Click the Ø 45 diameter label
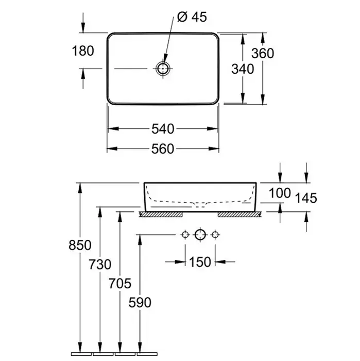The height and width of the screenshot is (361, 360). coord(192,17)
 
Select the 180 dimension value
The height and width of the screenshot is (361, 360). coord(83,51)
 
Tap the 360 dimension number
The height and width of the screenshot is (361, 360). coord(263,53)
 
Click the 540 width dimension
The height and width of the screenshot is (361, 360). coord(163,128)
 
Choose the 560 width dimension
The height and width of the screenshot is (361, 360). coord(163,149)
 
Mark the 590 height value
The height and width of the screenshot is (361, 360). coord(140,302)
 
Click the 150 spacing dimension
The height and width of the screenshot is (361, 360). coord(200,262)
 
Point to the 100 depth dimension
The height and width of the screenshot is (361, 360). coord(281,194)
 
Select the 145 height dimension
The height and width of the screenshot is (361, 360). coord(306,198)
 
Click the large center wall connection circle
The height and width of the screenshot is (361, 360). coord(200,236)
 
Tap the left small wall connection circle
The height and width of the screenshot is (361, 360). coord(184,236)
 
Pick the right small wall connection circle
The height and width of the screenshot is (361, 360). coord(215,236)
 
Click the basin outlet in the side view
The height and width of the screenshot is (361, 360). coord(200,205)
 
